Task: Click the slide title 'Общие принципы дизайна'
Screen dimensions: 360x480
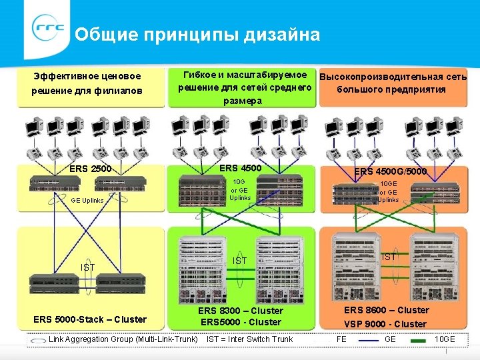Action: tap(197, 34)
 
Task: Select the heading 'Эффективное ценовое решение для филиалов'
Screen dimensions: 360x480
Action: tap(87, 83)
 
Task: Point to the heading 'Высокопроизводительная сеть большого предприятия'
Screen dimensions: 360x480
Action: tap(393, 83)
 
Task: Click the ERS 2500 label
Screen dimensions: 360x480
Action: tap(91, 168)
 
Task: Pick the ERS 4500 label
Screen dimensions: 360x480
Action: tap(240, 167)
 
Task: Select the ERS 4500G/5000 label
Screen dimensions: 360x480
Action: tap(391, 171)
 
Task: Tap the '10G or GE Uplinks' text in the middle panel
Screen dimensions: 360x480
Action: tap(239, 189)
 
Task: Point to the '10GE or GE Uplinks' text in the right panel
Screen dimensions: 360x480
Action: tap(388, 192)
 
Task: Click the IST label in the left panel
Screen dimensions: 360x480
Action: tap(88, 267)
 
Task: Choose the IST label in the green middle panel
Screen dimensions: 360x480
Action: tap(239, 260)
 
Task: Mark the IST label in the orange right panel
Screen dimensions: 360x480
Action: tap(390, 257)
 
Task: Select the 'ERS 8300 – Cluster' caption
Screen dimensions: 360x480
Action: tap(240, 311)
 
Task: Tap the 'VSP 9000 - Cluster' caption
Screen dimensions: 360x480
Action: tap(385, 324)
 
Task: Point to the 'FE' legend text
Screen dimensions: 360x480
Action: tap(341, 339)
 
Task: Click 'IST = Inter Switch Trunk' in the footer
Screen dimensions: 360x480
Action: tap(249, 339)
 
